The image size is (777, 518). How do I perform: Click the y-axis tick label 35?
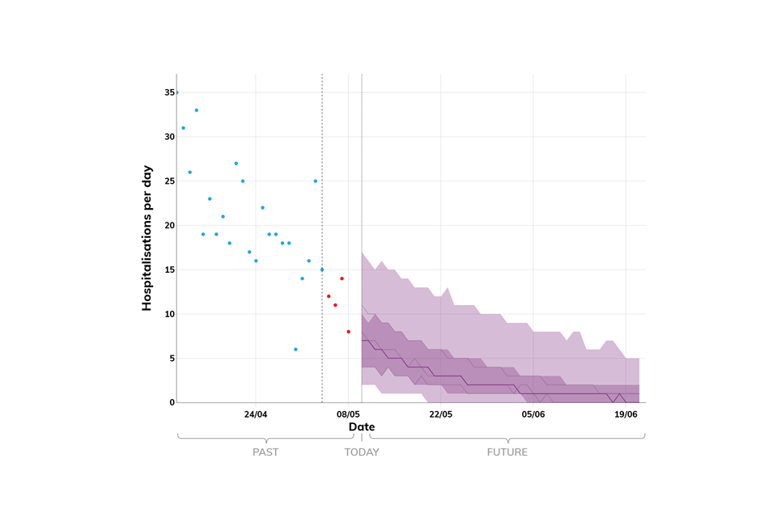[170, 93]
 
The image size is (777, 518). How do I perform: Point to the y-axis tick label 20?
[170, 226]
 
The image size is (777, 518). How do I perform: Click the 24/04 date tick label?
[256, 414]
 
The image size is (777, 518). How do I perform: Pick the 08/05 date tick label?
[348, 414]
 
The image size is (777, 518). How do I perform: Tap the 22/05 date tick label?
[441, 414]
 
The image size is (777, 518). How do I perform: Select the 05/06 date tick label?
[533, 414]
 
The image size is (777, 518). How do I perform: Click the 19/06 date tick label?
[626, 414]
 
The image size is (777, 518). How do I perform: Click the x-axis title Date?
[362, 427]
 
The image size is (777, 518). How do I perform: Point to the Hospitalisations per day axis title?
[147, 238]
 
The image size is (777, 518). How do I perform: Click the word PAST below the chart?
[265, 452]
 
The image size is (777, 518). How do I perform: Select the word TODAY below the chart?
[362, 452]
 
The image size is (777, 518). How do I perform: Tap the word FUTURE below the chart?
[507, 452]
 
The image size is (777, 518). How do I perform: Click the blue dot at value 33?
[197, 110]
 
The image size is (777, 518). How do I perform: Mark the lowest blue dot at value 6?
[295, 350]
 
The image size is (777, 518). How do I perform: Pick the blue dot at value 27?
[236, 163]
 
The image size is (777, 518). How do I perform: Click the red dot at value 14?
[342, 278]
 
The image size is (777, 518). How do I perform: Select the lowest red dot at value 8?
[349, 332]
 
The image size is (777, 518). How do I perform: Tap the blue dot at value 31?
[183, 128]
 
